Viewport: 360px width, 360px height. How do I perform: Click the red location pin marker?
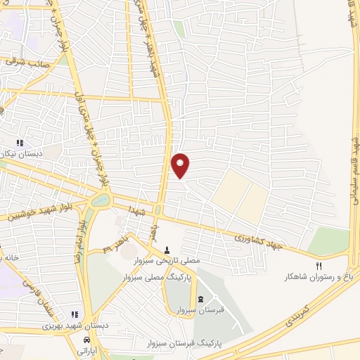(181, 164)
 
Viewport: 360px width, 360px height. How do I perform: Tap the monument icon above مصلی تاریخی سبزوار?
(167, 250)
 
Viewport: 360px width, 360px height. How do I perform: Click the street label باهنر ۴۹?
(115, 245)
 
